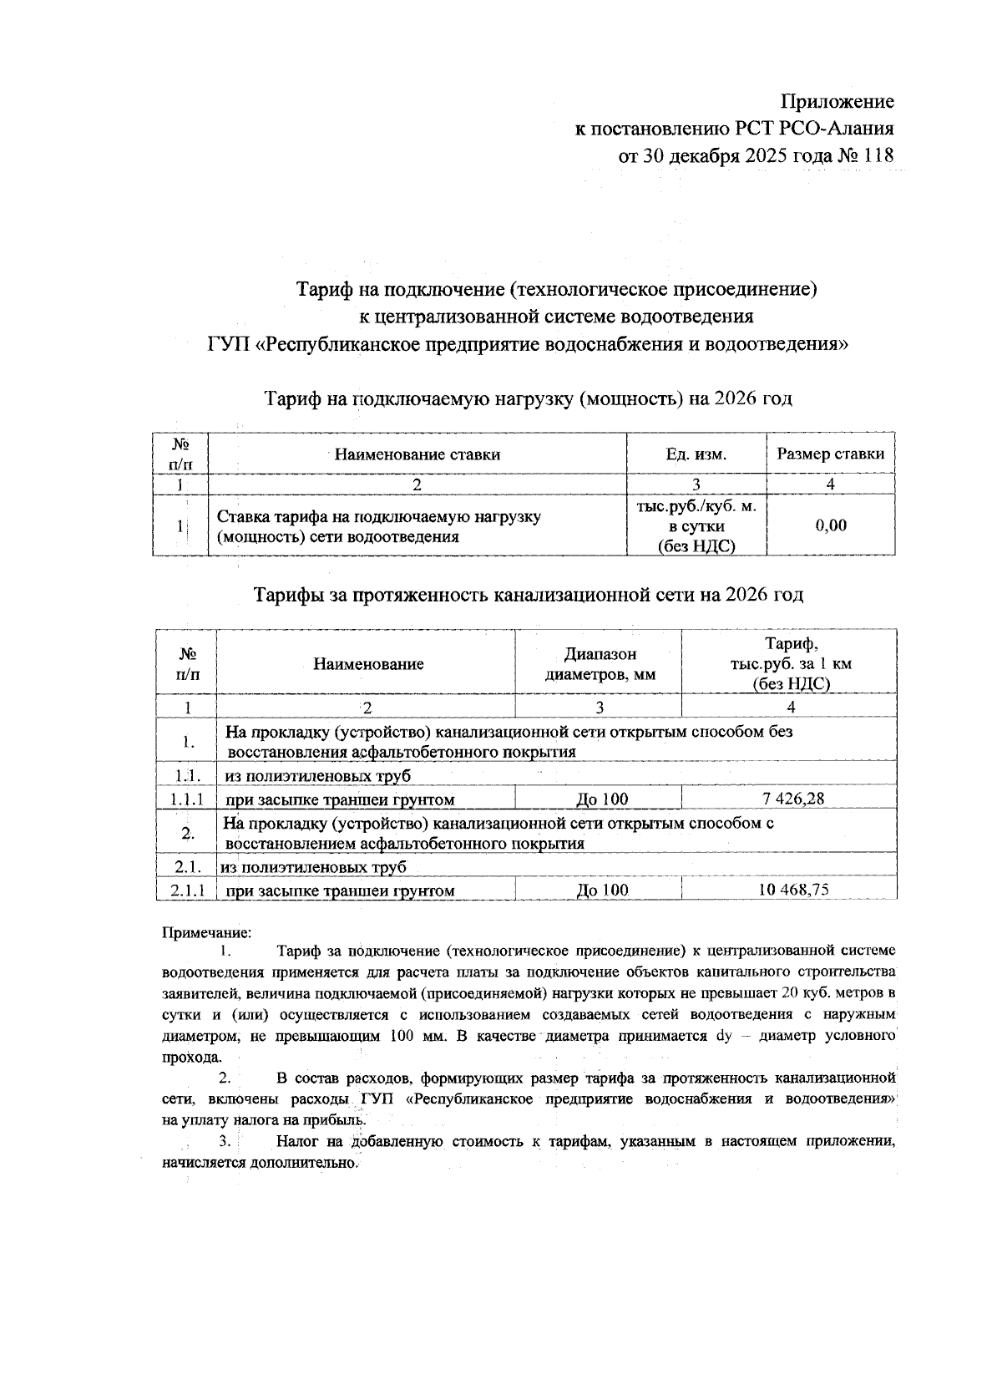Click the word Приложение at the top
(837, 102)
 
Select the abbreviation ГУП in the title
(225, 344)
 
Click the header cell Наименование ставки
(417, 454)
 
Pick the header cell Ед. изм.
(696, 454)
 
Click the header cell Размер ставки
(830, 454)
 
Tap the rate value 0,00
(830, 525)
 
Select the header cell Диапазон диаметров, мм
(599, 663)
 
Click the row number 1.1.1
(187, 799)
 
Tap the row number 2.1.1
(187, 890)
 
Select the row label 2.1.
(186, 867)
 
